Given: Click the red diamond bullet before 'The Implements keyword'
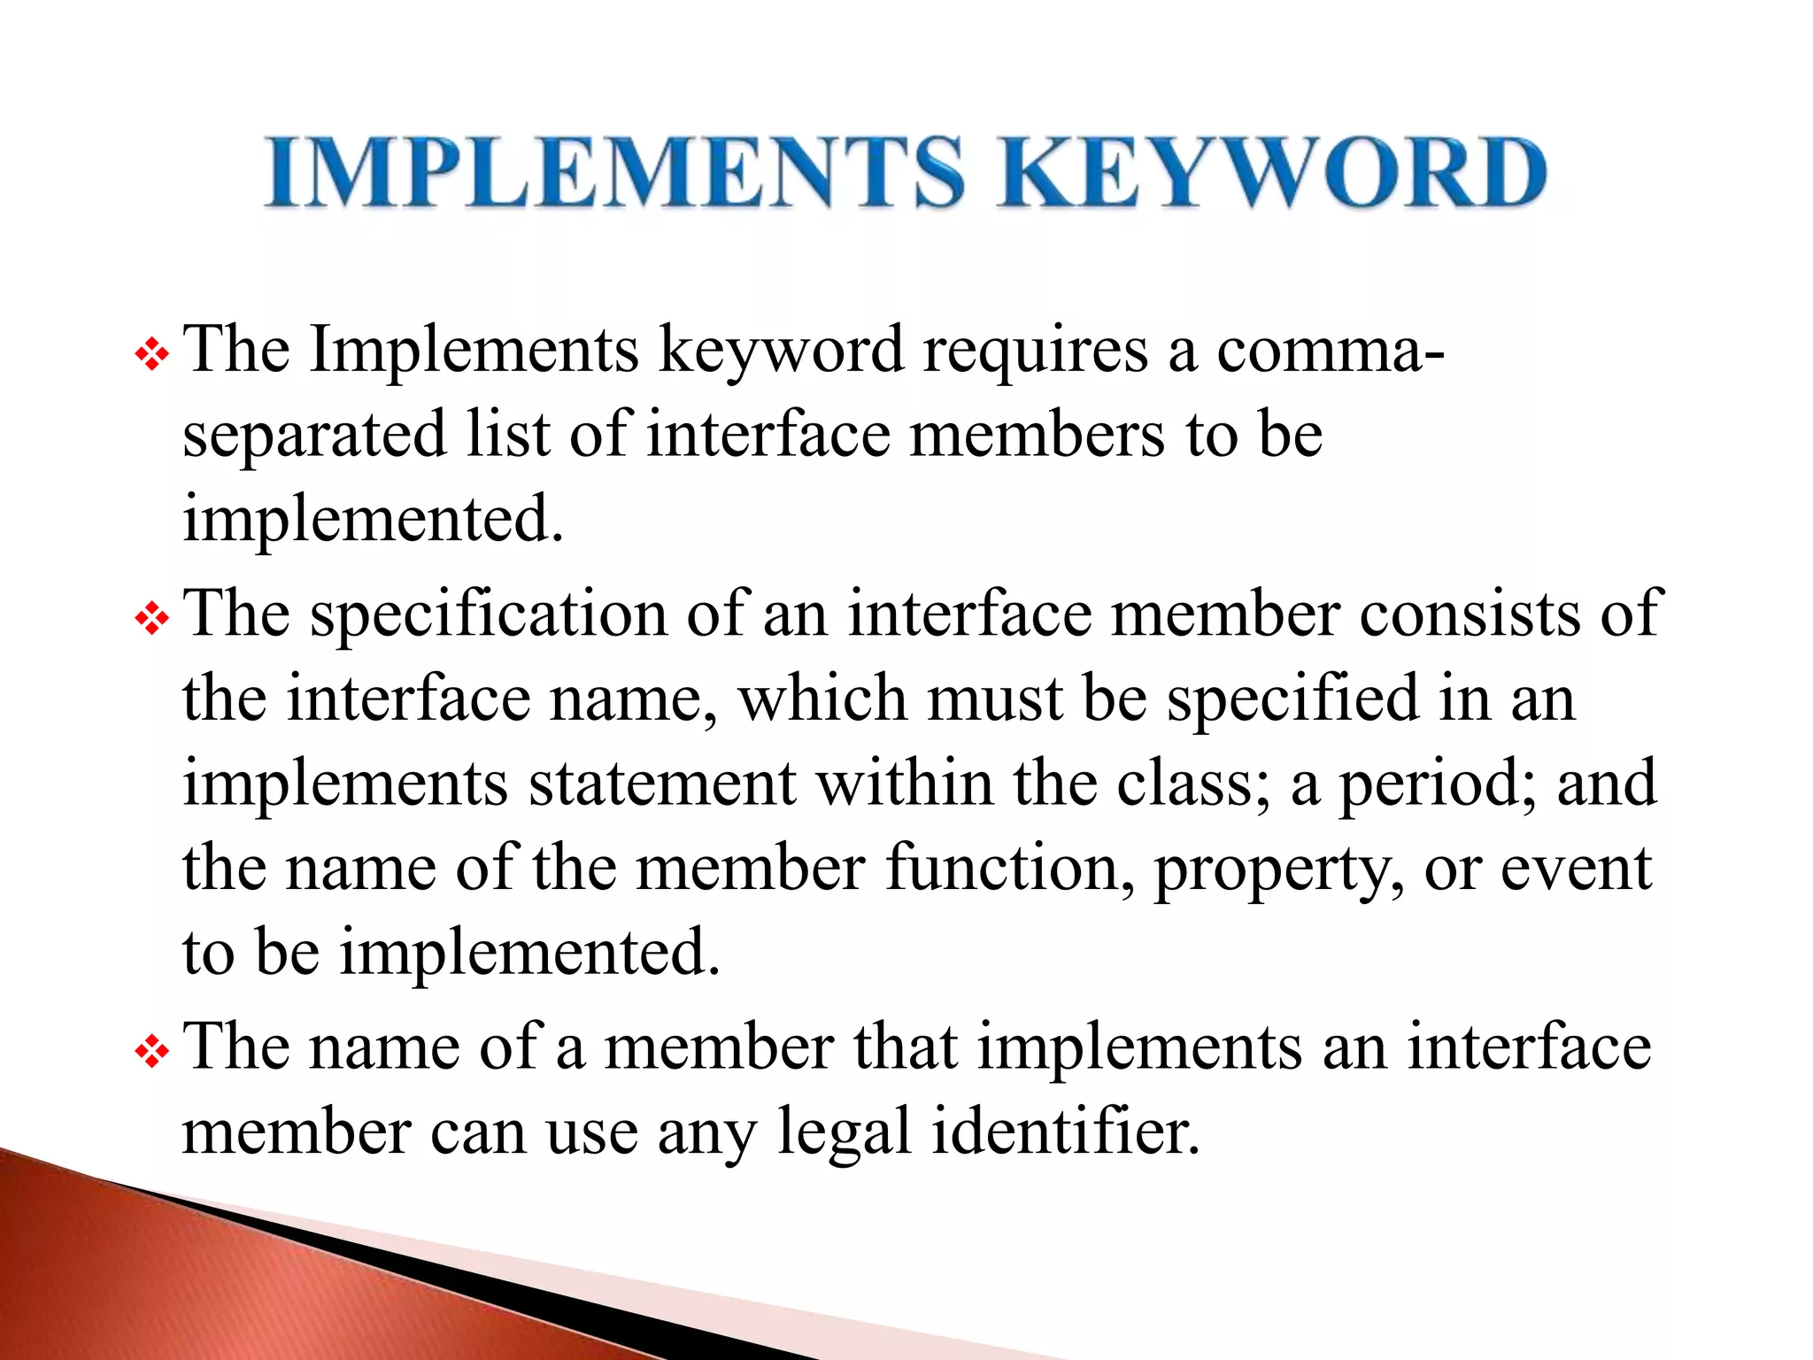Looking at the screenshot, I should pos(151,355).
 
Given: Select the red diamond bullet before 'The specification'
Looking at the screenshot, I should pos(151,619).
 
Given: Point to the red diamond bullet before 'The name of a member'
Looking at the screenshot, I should pos(151,1053).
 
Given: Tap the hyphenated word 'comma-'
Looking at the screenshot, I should pos(1330,351).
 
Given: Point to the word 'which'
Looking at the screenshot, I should pos(823,699).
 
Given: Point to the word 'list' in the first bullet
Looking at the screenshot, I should pos(507,435).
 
